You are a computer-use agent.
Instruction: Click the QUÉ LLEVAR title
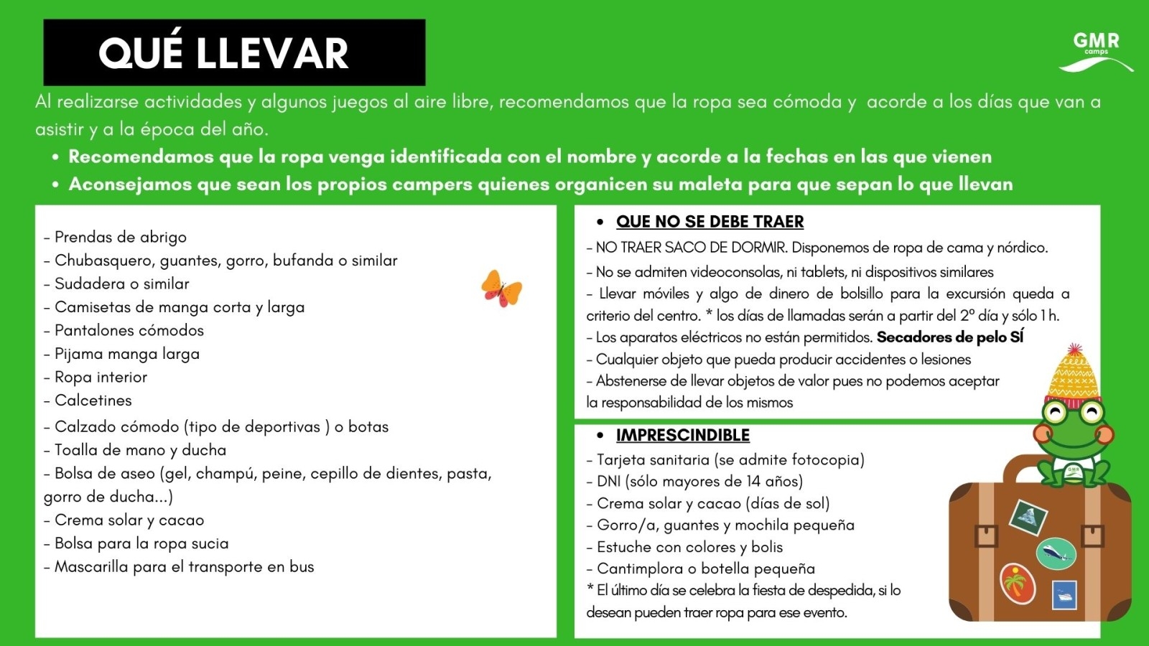[x=223, y=54]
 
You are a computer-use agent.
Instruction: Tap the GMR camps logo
[x=1096, y=50]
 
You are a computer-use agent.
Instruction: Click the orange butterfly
[x=501, y=289]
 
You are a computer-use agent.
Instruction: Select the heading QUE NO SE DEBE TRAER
[x=710, y=222]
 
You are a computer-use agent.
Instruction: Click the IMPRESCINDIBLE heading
[x=682, y=435]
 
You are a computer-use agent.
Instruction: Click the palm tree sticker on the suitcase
[x=1017, y=582]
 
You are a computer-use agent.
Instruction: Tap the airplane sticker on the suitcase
[x=1056, y=553]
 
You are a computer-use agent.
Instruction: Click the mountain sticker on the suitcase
[x=1028, y=517]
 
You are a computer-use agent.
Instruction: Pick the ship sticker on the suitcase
[x=1064, y=595]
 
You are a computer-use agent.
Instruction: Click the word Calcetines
[x=93, y=401]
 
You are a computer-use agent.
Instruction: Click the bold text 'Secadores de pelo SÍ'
[x=949, y=337]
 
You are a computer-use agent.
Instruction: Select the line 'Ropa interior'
[x=101, y=378]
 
